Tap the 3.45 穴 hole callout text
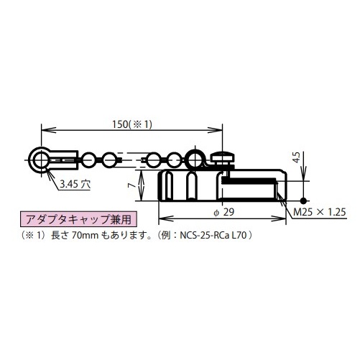[x=75, y=184]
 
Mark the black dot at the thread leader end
[x=305, y=200]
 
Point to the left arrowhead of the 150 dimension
[x=42, y=131]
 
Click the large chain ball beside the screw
[x=195, y=158]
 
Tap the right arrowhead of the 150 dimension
[x=221, y=131]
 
